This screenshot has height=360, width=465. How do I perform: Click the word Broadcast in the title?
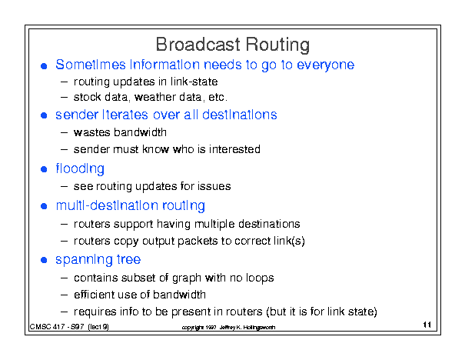[x=198, y=45]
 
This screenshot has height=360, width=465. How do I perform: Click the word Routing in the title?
[x=277, y=45]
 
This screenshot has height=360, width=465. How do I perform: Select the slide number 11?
[x=427, y=325]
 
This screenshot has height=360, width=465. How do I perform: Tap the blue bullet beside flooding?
[x=44, y=169]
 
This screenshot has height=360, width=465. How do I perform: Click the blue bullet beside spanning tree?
[x=44, y=260]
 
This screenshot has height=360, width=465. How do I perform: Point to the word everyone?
[x=326, y=65]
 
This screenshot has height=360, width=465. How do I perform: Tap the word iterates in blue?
[x=125, y=115]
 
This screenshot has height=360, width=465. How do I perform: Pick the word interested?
[x=234, y=149]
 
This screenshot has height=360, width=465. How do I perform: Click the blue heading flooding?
[x=80, y=169]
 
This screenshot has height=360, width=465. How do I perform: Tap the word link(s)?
[x=289, y=241]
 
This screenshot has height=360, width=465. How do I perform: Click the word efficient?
[x=94, y=295]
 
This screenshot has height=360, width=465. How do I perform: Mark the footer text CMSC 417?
[x=48, y=327]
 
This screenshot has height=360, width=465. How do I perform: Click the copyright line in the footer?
[x=228, y=328]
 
